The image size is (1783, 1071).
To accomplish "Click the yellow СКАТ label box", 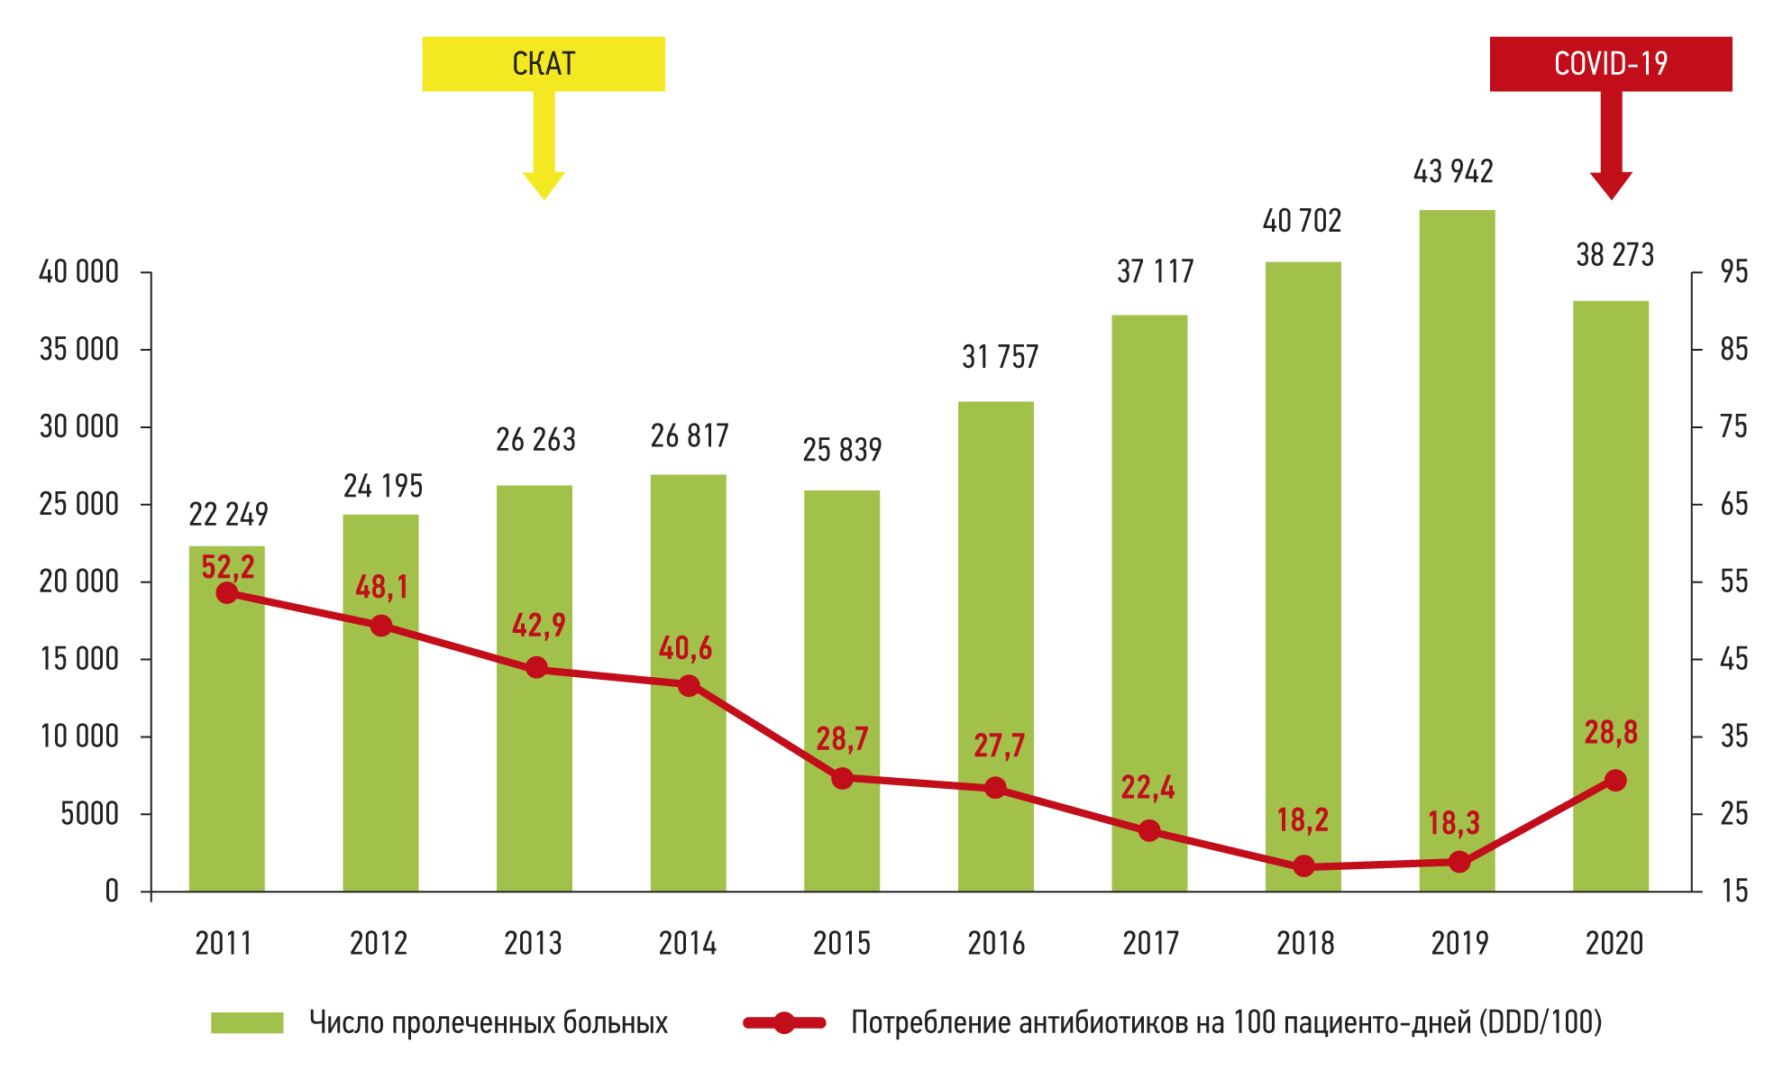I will point(544,64).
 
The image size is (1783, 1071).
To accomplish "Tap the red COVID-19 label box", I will point(1611,64).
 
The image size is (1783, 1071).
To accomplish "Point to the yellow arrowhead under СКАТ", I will point(544,184).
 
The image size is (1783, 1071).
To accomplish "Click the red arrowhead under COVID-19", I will point(1611,184).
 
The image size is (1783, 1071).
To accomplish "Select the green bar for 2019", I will point(1457,550).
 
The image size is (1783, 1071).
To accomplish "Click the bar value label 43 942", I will point(1453,171).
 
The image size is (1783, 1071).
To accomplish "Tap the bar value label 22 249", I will point(228,514).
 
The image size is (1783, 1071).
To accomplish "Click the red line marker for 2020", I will point(1615,780).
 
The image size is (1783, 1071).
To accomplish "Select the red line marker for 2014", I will point(689,685).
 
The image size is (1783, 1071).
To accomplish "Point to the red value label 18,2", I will point(1303,819).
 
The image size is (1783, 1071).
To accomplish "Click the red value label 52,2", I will point(228,567).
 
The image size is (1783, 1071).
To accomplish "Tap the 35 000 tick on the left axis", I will point(79,349).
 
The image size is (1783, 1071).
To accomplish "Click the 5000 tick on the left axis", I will point(89,814).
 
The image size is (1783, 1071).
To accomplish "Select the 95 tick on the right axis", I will point(1733,271).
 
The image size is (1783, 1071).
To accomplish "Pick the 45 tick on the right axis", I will point(1733,659).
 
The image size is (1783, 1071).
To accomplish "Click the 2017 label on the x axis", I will point(1150,943).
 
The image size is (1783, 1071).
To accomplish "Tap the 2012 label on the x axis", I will point(379,943).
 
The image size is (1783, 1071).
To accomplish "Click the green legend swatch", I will point(247,1022).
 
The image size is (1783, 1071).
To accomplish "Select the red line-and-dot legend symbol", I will point(784,1022).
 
